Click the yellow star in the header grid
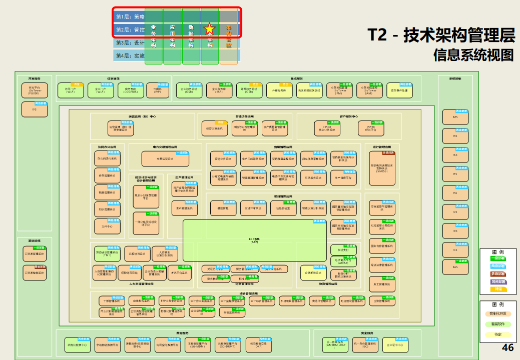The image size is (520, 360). pos(210,29)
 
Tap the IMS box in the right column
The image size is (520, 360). pos(455,117)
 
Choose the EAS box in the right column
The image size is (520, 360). pos(455,266)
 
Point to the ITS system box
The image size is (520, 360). pos(455,173)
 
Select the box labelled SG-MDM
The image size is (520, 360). pos(197,344)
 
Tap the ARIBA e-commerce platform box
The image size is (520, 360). pos(343,261)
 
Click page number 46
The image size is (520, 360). pos(507,348)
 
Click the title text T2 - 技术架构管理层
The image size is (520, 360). pos(441,35)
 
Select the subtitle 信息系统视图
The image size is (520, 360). pos(473,54)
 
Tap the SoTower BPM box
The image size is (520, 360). pos(341,90)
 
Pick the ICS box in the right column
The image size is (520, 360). pos(455,249)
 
